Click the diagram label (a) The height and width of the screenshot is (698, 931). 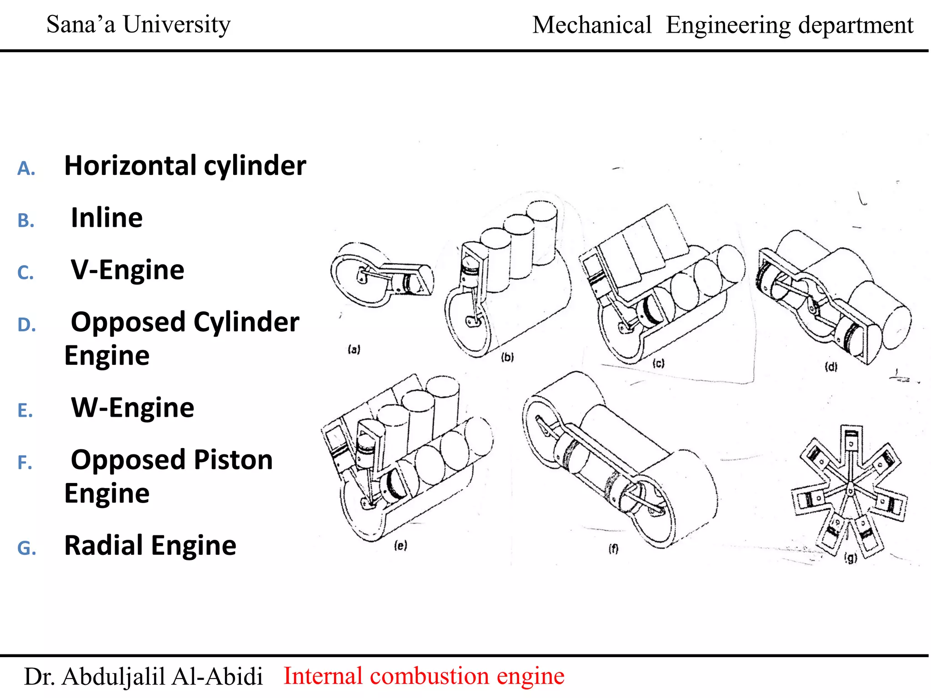[354, 349]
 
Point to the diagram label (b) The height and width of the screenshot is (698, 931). [507, 357]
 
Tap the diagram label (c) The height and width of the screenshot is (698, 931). [658, 363]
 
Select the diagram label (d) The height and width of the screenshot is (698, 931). [831, 367]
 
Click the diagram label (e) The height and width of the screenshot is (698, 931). [400, 545]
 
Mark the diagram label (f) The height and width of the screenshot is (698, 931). [613, 549]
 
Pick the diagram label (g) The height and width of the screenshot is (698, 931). [851, 558]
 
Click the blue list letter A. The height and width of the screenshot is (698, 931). [26, 169]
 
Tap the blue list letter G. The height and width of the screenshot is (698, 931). [26, 548]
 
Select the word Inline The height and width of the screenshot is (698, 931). [107, 218]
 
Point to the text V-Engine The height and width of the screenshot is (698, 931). [128, 270]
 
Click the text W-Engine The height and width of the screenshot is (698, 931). [133, 408]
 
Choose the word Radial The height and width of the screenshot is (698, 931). [106, 545]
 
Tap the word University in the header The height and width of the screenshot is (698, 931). [177, 25]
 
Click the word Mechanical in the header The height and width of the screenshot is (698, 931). [592, 25]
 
